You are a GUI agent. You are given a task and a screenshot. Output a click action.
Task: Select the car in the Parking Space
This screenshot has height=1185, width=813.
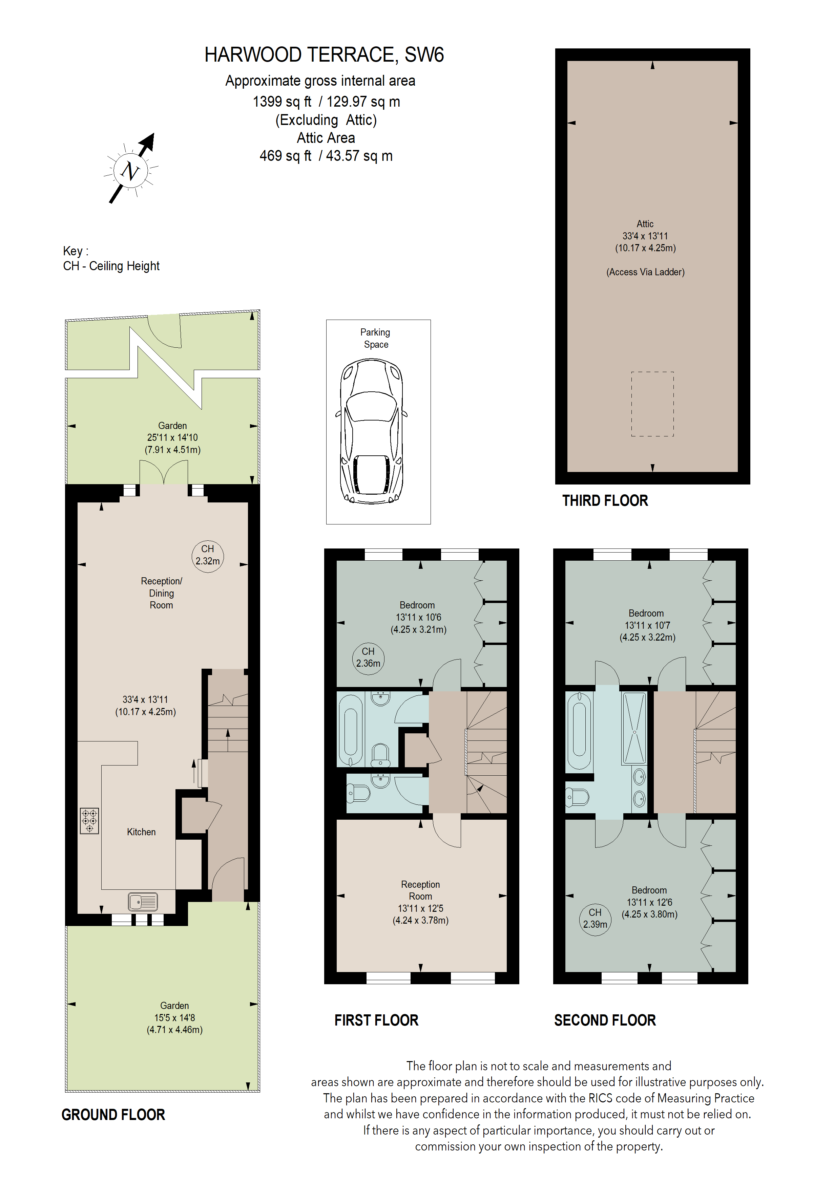(x=371, y=431)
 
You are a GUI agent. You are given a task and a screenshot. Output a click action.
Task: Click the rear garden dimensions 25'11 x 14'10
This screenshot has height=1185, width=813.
(x=172, y=437)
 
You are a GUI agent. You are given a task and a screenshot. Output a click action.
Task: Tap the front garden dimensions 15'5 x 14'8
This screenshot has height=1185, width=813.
(x=174, y=1017)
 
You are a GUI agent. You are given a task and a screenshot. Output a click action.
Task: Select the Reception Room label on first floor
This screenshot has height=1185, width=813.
(x=420, y=890)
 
